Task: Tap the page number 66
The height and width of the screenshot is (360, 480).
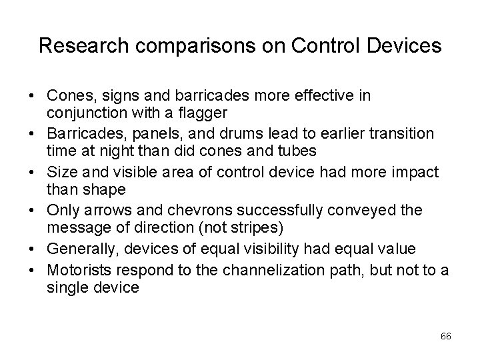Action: [x=446, y=336]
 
